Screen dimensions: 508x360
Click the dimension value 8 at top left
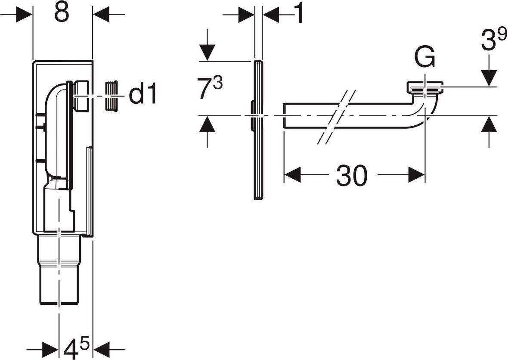(x=62, y=12)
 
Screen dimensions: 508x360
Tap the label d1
(x=143, y=94)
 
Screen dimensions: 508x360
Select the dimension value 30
(x=352, y=175)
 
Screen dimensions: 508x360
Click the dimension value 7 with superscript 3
(x=211, y=89)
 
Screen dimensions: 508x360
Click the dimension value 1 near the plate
(x=298, y=13)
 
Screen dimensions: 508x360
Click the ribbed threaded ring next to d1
(x=111, y=96)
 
